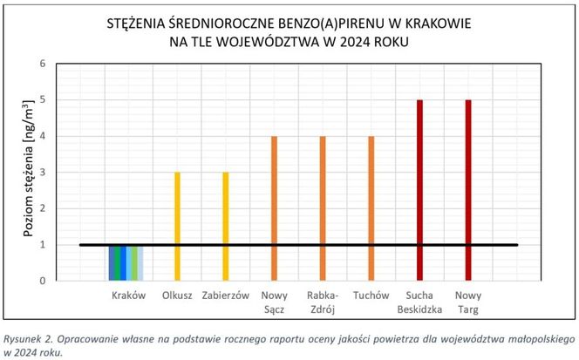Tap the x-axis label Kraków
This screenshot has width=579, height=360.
[x=129, y=295]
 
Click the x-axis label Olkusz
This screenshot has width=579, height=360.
[x=177, y=295]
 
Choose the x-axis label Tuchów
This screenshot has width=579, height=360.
[x=371, y=295]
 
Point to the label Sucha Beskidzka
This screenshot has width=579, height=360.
[x=419, y=302]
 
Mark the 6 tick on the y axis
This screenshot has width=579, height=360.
[x=42, y=64]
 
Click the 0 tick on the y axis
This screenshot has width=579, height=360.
[x=42, y=281]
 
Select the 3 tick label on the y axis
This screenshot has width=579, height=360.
[x=42, y=173]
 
